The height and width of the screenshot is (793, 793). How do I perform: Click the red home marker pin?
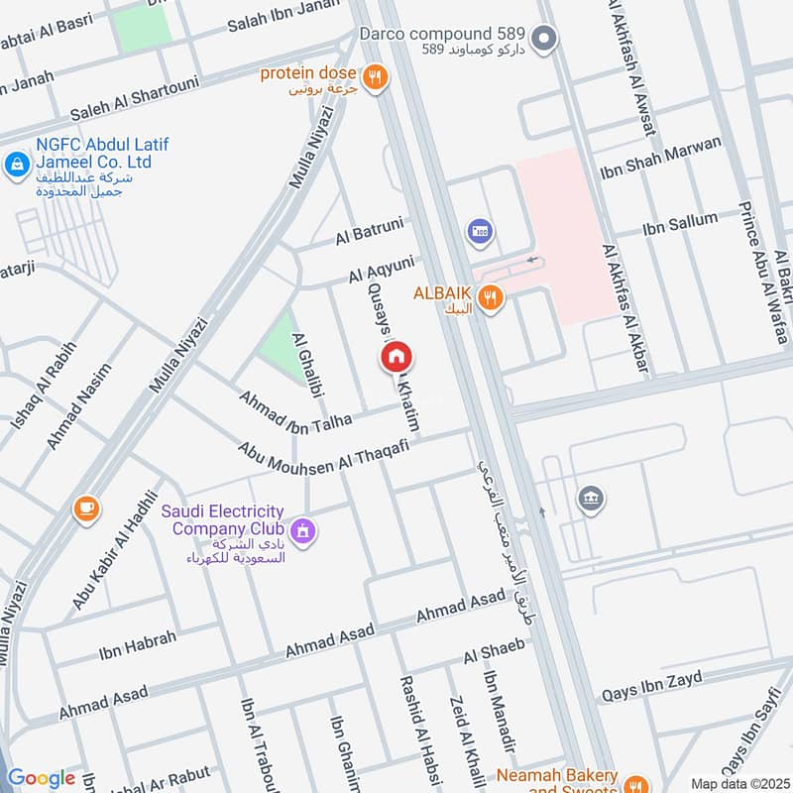(396, 357)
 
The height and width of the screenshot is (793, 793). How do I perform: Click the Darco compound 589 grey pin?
(543, 41)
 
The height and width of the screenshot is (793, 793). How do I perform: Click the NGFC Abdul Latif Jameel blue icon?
(17, 164)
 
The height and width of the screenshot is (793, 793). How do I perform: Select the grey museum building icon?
(591, 497)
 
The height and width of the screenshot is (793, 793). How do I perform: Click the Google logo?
(41, 778)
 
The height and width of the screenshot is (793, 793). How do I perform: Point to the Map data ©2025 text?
(738, 783)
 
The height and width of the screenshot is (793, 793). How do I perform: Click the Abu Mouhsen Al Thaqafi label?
(323, 452)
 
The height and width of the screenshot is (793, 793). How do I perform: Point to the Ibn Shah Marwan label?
(660, 159)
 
